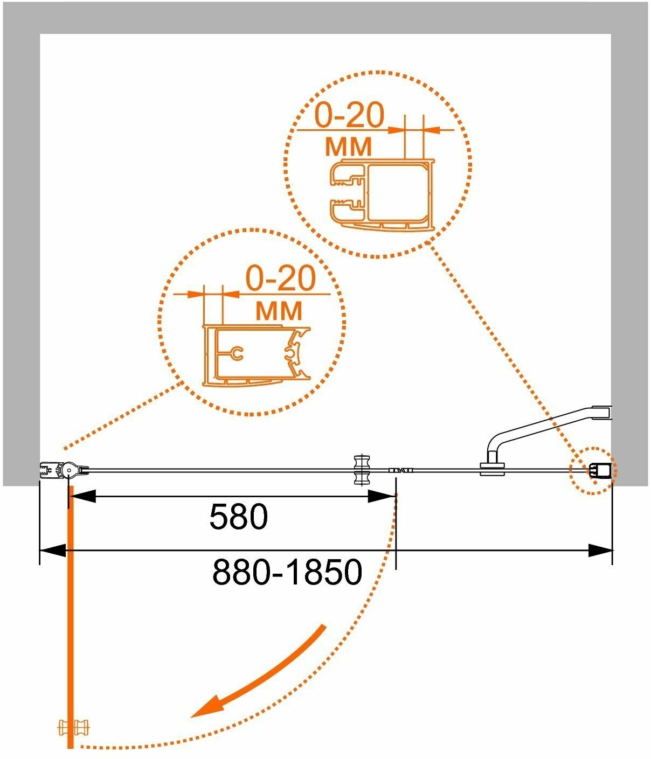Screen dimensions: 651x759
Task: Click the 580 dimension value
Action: [x=238, y=518]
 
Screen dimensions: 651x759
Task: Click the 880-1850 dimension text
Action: [x=287, y=572]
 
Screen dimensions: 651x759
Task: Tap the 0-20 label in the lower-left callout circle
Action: [x=280, y=278]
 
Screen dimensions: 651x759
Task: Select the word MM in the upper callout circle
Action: [x=349, y=145]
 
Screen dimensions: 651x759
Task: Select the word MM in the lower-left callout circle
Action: [x=279, y=310]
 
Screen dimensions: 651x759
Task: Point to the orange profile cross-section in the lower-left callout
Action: [x=257, y=356]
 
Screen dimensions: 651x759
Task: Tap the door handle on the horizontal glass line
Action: [x=361, y=470]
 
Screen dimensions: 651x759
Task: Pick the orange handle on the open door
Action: [x=74, y=728]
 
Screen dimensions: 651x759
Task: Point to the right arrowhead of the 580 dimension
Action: [x=383, y=496]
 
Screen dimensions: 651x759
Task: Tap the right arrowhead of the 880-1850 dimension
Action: [x=600, y=551]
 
